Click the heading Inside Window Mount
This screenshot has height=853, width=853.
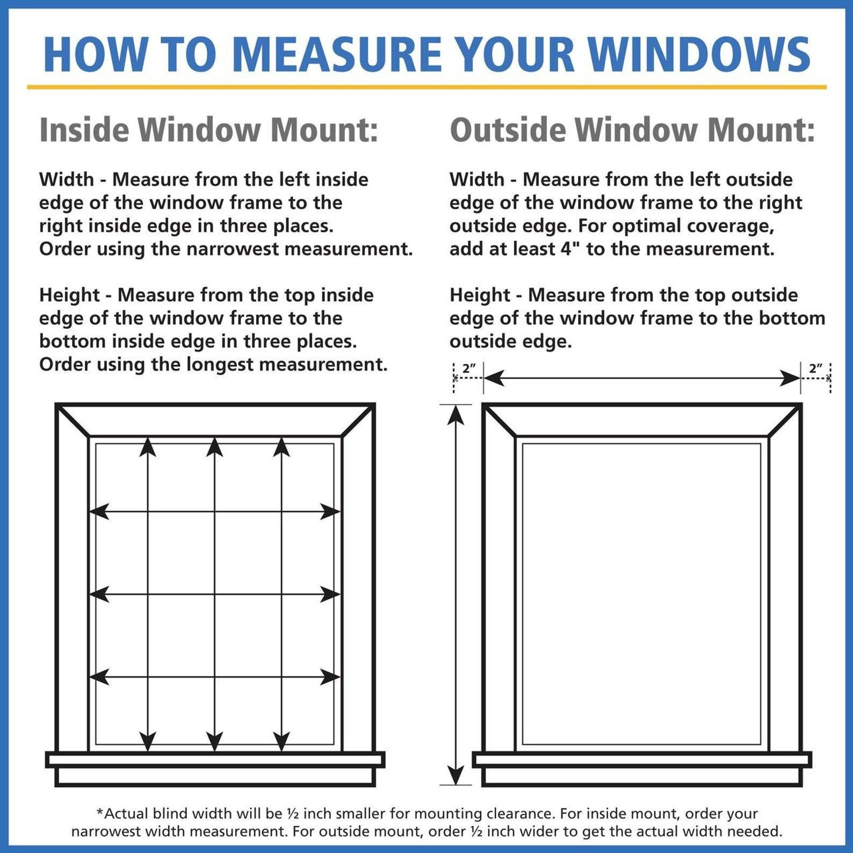tap(208, 130)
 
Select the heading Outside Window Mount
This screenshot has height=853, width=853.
tap(632, 130)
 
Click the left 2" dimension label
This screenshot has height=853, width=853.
tap(469, 368)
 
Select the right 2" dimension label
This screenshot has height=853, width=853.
tap(815, 368)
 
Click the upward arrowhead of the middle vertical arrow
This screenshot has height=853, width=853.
tap(214, 446)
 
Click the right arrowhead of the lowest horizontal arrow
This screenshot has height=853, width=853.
tap(330, 677)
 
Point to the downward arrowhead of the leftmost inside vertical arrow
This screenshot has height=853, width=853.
tap(148, 741)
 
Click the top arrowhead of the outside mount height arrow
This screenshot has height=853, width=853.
tap(456, 415)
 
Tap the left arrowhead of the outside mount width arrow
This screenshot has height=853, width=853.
tap(494, 378)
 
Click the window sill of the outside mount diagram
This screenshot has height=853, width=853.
tap(642, 760)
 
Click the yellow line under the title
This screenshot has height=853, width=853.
tap(426, 87)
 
